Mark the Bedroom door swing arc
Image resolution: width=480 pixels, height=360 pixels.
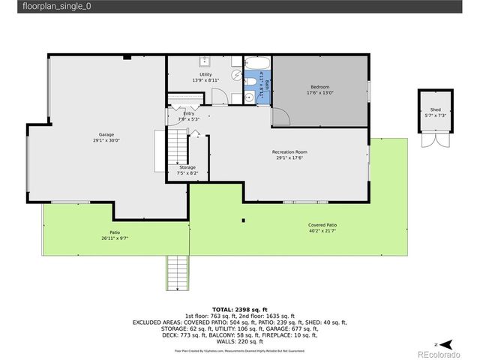click(280, 116)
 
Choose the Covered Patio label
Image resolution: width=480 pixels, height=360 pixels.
click(322, 226)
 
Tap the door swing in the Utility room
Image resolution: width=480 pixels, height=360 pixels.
click(218, 96)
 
